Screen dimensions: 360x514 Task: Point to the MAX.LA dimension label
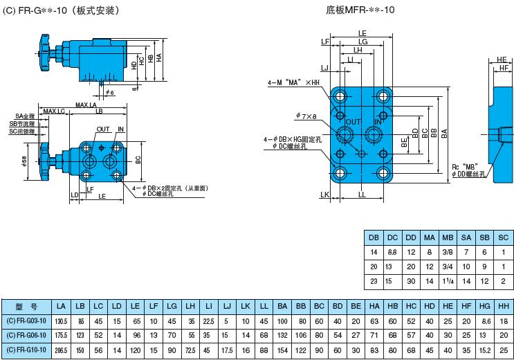click(x=86, y=105)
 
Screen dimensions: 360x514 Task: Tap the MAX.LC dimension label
click(x=53, y=111)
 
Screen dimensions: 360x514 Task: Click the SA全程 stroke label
click(x=24, y=116)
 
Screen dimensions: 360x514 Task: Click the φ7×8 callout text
click(x=306, y=116)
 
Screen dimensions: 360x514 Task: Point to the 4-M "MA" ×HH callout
click(x=295, y=83)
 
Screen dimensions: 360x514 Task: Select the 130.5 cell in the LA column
click(x=61, y=321)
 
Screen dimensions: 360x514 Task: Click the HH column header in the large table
click(x=503, y=305)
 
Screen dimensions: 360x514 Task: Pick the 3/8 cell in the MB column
click(x=448, y=253)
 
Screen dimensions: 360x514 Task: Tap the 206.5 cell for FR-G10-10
click(x=61, y=350)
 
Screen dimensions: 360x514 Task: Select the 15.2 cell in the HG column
click(x=485, y=350)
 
